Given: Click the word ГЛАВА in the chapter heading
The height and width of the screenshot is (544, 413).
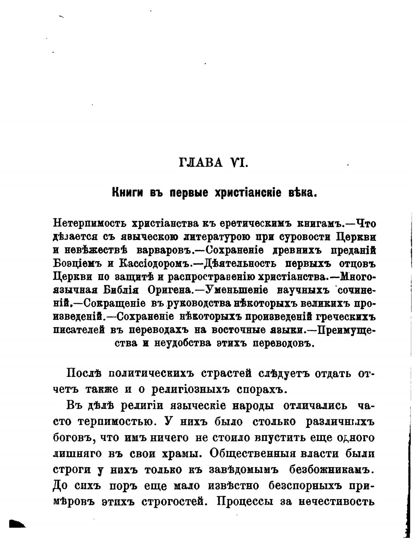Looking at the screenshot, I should click(201, 162).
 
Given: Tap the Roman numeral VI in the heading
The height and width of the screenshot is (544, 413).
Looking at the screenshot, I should click(238, 162).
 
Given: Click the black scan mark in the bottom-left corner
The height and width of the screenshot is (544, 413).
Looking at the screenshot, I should click(17, 524).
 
